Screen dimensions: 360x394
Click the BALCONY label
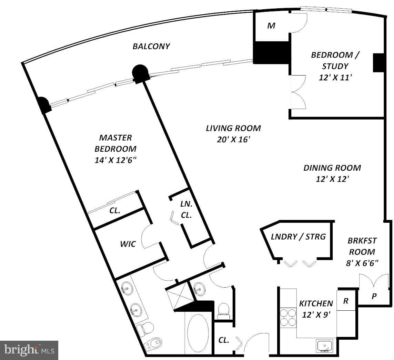151,46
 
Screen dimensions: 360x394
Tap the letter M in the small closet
271,26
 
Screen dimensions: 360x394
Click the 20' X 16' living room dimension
233,140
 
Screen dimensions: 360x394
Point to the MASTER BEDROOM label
115,143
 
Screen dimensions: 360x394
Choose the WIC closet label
128,244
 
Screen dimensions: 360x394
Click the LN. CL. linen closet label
186,209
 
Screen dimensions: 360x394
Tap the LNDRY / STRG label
298,237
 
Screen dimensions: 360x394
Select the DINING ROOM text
332,168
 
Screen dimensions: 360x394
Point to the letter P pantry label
374,296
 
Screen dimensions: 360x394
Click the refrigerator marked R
345,301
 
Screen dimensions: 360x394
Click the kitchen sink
325,345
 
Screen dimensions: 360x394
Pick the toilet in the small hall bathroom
224,310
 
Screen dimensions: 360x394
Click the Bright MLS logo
29,350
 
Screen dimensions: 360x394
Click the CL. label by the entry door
224,340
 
